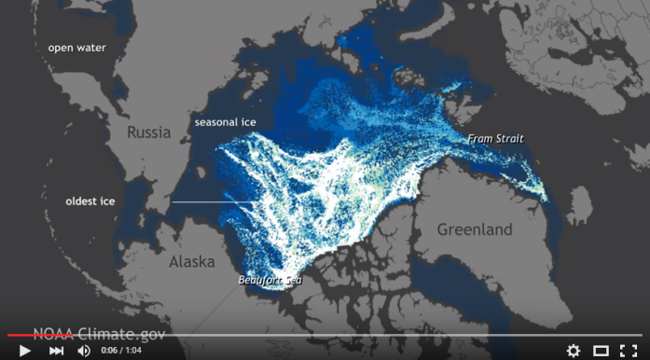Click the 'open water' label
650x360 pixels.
pyautogui.click(x=76, y=48)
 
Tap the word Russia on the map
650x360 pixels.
pyautogui.click(x=149, y=132)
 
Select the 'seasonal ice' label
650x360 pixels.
pyautogui.click(x=225, y=122)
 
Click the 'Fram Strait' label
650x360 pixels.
pyautogui.click(x=495, y=139)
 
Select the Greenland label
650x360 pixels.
pyautogui.click(x=475, y=229)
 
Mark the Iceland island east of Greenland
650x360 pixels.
pyautogui.click(x=579, y=204)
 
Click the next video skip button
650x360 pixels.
pyautogui.click(x=56, y=351)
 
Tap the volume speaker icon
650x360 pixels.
pyautogui.click(x=84, y=351)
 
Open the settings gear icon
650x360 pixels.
pyautogui.click(x=574, y=351)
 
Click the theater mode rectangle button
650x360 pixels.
pyautogui.click(x=601, y=351)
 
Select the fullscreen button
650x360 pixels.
pyautogui.click(x=629, y=351)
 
